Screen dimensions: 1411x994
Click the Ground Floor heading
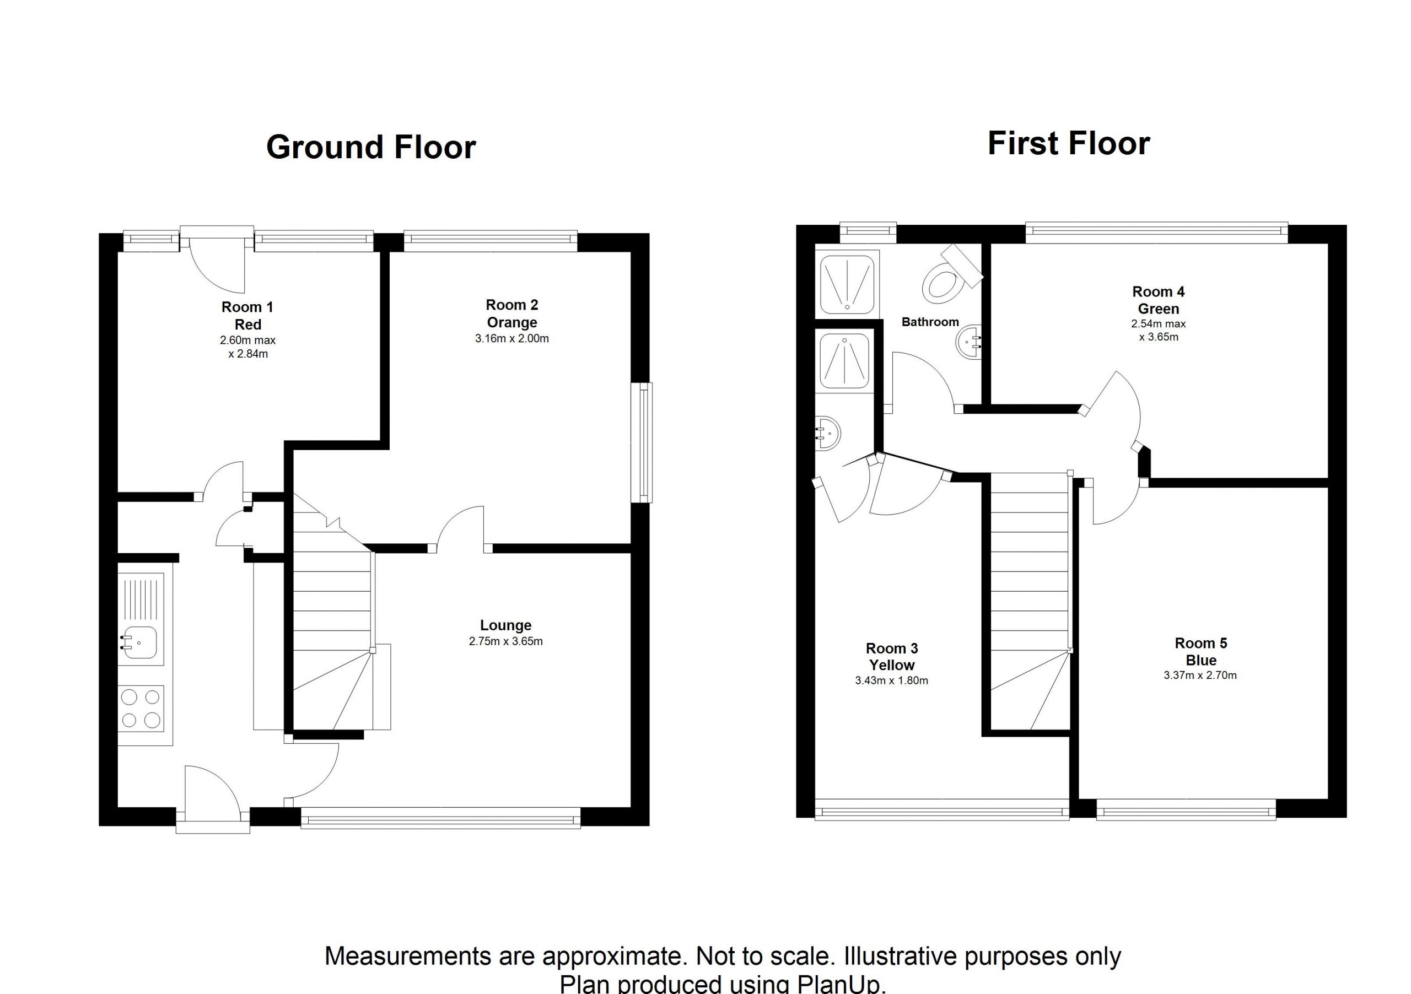pos(371,148)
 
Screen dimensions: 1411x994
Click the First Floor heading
pos(1069,144)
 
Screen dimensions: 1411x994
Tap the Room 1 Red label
pos(247,316)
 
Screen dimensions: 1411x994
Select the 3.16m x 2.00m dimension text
pos(512,338)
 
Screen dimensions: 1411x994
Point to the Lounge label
pos(506,625)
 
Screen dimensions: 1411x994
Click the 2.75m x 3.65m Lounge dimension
pos(506,642)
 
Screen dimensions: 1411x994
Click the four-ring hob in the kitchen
pos(141,709)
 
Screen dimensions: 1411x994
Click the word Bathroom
pos(930,322)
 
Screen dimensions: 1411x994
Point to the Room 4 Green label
pos(1159,300)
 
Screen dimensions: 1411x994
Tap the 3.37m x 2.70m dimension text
pos(1200,675)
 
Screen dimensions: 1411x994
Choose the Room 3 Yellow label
pos(892,657)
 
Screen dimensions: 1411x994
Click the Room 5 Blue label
pos(1201,652)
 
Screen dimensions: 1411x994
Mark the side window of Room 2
pos(643,443)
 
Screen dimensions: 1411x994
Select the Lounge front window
pos(440,818)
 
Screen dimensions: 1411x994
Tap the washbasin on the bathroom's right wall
pos(970,342)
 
